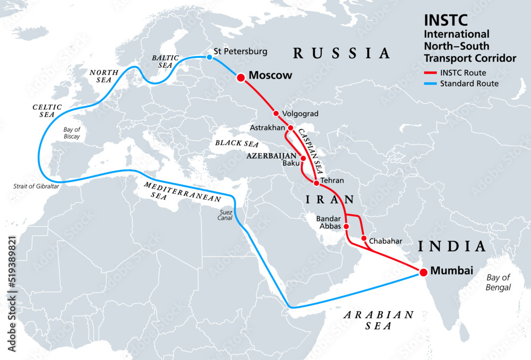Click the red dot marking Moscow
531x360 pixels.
(x=240, y=78)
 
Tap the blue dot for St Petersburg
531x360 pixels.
(x=209, y=57)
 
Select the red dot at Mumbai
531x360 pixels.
(x=423, y=273)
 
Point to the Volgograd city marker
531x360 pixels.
(x=276, y=113)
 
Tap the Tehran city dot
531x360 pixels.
(x=316, y=183)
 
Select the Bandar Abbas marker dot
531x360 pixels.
(x=347, y=226)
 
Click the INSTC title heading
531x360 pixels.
(x=438, y=20)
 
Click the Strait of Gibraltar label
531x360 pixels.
(x=36, y=186)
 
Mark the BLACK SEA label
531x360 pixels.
(x=234, y=143)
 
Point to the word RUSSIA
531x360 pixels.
(x=341, y=53)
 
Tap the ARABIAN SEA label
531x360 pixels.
(x=378, y=320)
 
